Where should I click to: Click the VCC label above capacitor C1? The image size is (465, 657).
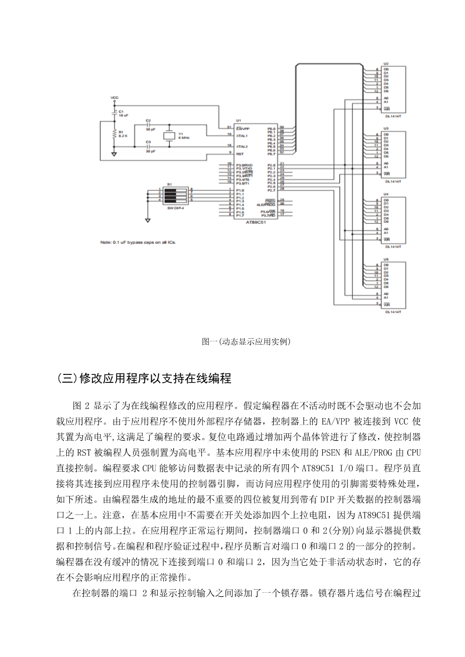tap(114, 97)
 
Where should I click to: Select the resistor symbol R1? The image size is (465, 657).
tap(115, 134)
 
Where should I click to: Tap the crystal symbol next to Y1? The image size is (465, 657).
tap(168, 136)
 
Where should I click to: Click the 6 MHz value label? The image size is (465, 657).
tap(183, 137)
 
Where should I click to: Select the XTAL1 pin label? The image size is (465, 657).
tap(242, 135)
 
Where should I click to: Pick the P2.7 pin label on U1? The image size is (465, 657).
tap(271, 190)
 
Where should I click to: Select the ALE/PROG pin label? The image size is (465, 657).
tap(266, 204)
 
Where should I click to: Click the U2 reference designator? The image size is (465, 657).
tap(386, 64)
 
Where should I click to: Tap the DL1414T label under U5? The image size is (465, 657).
tap(393, 312)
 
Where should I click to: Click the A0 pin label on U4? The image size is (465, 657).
tap(386, 229)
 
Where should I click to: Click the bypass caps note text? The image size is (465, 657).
tap(138, 242)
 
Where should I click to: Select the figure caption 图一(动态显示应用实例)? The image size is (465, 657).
tap(246, 342)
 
